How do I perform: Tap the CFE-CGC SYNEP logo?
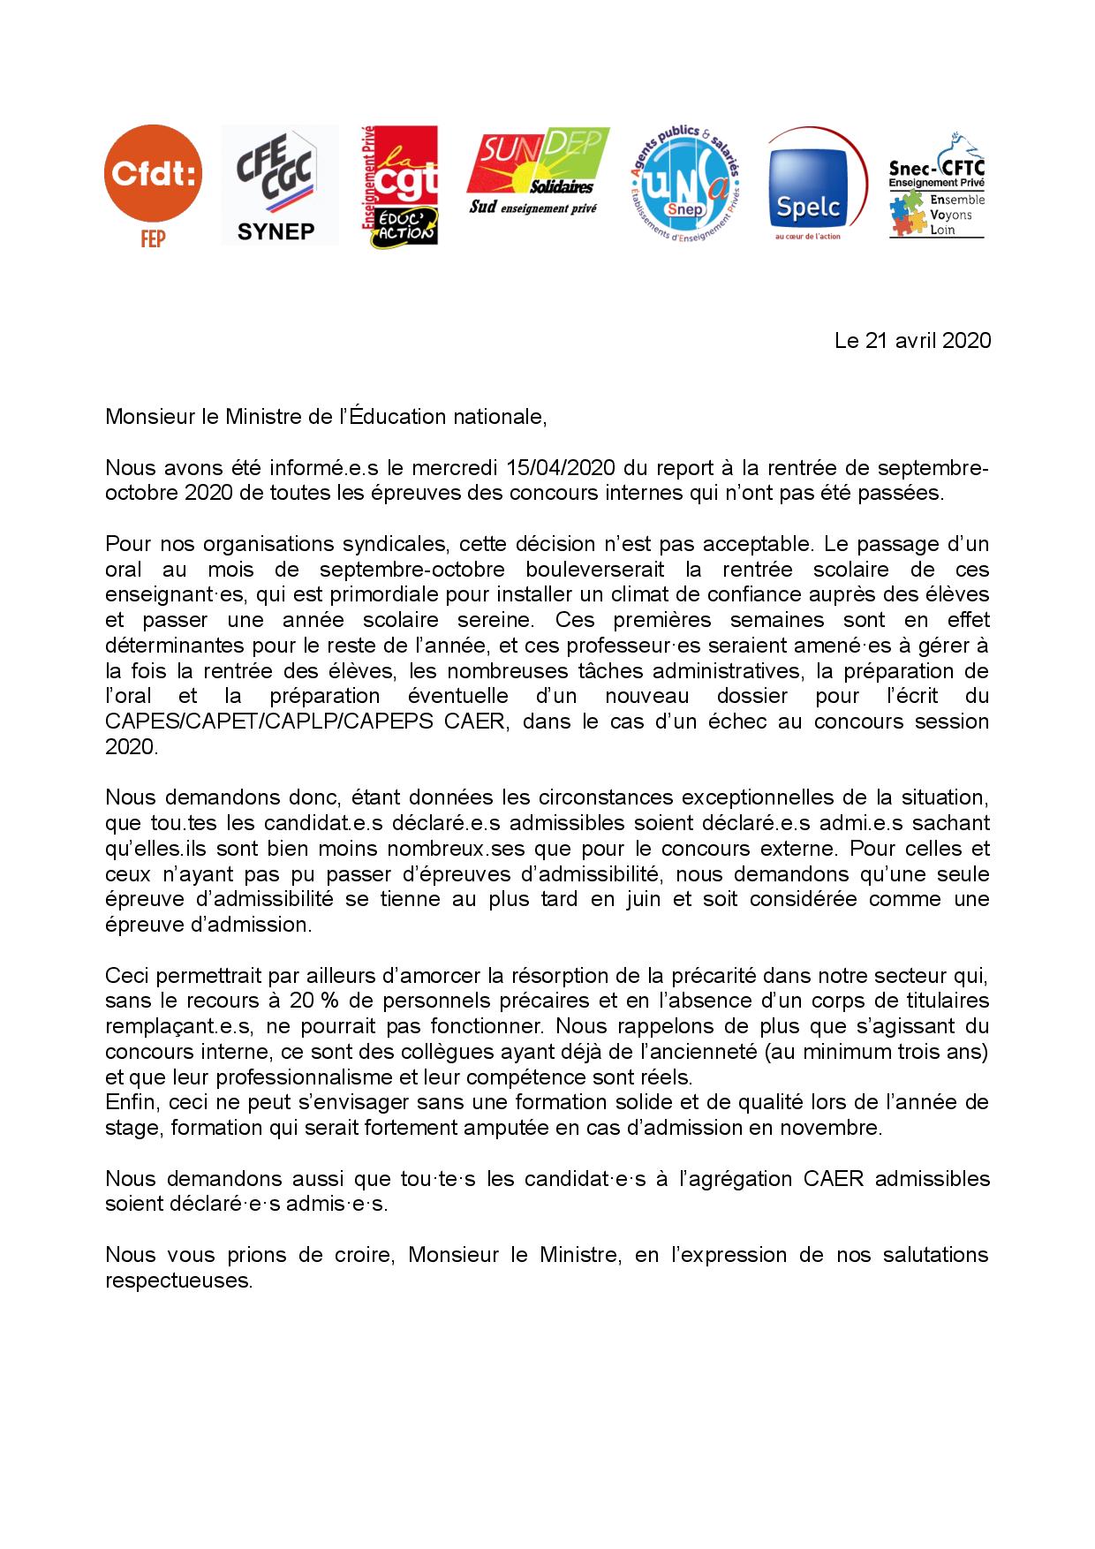click(279, 185)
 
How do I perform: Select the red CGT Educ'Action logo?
click(399, 185)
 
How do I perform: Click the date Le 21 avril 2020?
click(912, 341)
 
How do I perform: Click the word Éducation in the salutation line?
click(394, 417)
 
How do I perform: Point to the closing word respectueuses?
click(178, 1281)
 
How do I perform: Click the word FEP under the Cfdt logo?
click(153, 238)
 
